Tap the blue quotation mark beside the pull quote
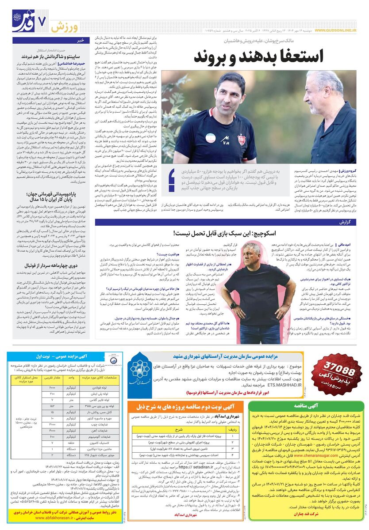tap(172, 181)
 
